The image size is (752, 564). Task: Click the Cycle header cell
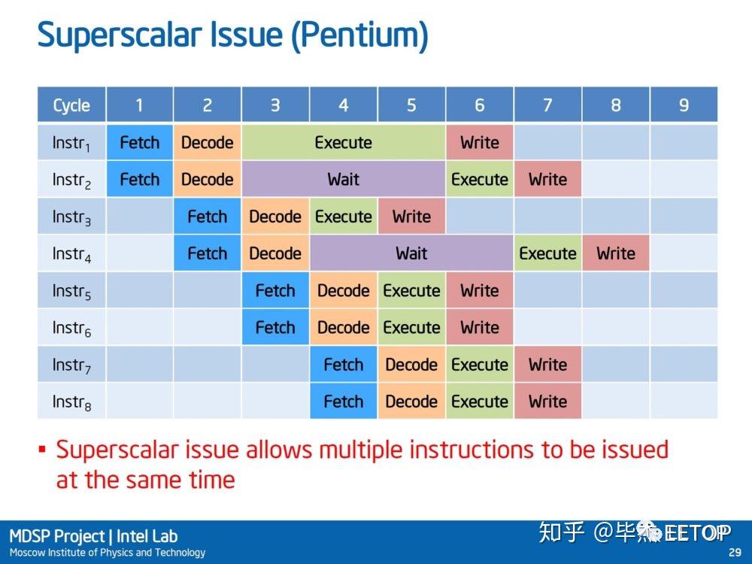71,105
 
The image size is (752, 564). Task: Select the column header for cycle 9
684,105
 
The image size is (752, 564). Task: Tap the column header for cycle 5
411,105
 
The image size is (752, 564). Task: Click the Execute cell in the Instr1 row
344,142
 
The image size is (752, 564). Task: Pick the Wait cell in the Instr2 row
344,180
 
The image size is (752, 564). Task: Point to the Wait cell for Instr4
411,253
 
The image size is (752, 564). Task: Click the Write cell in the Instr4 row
616,253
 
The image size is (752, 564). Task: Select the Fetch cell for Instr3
208,217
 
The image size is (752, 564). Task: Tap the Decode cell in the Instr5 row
344,290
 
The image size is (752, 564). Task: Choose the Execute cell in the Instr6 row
411,327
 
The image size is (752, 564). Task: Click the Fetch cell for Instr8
344,401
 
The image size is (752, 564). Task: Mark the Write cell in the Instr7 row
547,365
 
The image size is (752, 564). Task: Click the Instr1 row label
71,143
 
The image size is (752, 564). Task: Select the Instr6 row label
71,328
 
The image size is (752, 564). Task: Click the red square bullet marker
42,450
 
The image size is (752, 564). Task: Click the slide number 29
735,553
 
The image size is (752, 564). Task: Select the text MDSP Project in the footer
57,536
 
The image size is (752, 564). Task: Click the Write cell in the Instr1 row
480,142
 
